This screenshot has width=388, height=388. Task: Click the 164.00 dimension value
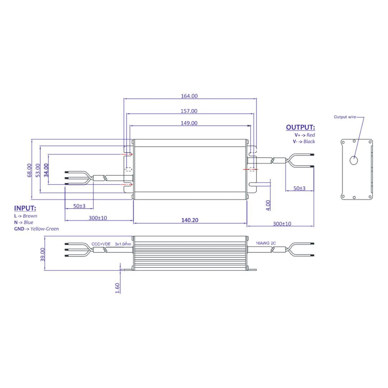(189, 96)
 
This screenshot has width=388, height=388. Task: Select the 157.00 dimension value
(189, 111)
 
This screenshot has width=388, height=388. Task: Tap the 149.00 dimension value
(189, 123)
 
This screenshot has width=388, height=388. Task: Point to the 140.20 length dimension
(190, 220)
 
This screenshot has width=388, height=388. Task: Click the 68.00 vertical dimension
(29, 170)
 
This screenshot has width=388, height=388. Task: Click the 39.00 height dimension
(43, 254)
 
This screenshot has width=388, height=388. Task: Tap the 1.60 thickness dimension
(117, 288)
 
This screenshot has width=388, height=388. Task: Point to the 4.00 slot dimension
(268, 205)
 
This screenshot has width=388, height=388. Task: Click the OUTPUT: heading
(300, 128)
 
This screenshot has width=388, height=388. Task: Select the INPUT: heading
(25, 208)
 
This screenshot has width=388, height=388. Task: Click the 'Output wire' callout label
(345, 117)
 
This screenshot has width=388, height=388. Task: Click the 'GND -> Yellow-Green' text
(36, 229)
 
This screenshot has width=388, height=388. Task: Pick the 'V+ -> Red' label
(304, 135)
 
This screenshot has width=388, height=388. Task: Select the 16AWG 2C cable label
(266, 243)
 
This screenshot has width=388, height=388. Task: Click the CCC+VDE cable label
(101, 244)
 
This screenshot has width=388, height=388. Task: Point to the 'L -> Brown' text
(25, 216)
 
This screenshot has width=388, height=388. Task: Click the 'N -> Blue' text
(24, 222)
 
